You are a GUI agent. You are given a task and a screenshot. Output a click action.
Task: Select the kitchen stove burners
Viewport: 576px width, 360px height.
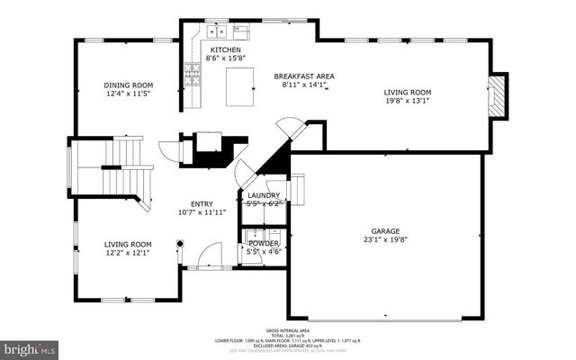pyautogui.click(x=192, y=73)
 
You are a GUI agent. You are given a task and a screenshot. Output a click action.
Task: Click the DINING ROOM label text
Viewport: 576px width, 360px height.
pyautogui.click(x=129, y=85)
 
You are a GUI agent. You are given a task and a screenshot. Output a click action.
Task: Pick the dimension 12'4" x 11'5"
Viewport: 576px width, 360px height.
pyautogui.click(x=129, y=94)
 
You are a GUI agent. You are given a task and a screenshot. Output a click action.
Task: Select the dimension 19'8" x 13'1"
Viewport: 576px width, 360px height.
pyautogui.click(x=408, y=101)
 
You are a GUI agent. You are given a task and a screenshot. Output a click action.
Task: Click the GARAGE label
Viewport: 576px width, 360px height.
pyautogui.click(x=386, y=230)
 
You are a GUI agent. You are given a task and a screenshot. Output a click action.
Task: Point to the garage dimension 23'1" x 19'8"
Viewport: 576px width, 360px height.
pyautogui.click(x=386, y=239)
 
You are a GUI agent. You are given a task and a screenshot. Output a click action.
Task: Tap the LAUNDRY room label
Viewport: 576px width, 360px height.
pyautogui.click(x=263, y=195)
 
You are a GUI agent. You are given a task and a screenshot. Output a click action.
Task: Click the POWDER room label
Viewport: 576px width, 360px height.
pyautogui.click(x=263, y=243)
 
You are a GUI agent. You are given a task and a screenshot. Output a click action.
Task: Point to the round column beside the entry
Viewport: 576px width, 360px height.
pyautogui.click(x=180, y=242)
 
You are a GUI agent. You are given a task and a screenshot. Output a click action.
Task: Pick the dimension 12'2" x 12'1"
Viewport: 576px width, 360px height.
pyautogui.click(x=127, y=253)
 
